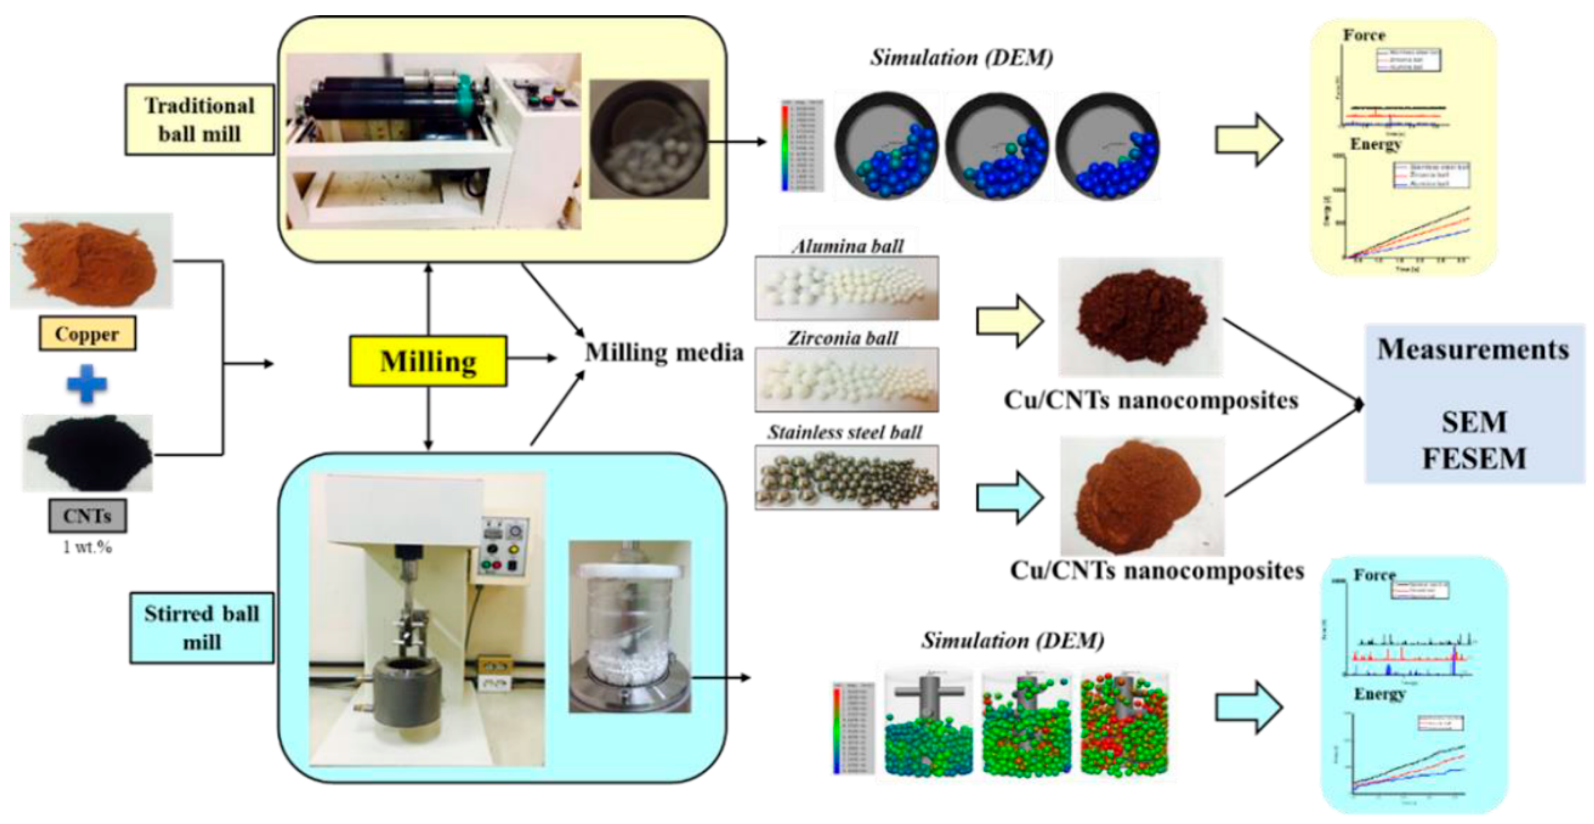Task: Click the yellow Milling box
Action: click(428, 361)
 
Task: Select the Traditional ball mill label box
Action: click(199, 120)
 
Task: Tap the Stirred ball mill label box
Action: click(202, 628)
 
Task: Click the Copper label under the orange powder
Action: click(87, 334)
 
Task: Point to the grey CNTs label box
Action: click(87, 516)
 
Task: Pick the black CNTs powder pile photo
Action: click(87, 452)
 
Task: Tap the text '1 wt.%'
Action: click(87, 547)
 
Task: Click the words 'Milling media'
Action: click(664, 352)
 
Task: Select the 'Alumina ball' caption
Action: click(848, 246)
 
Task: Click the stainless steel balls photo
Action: click(846, 477)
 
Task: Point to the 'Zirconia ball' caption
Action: click(842, 338)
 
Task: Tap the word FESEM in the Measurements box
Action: click(1474, 458)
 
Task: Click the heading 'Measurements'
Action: click(1473, 350)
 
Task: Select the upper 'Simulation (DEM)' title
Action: click(961, 57)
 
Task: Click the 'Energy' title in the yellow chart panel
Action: click(1375, 144)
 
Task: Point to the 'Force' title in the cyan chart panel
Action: click(1374, 575)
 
